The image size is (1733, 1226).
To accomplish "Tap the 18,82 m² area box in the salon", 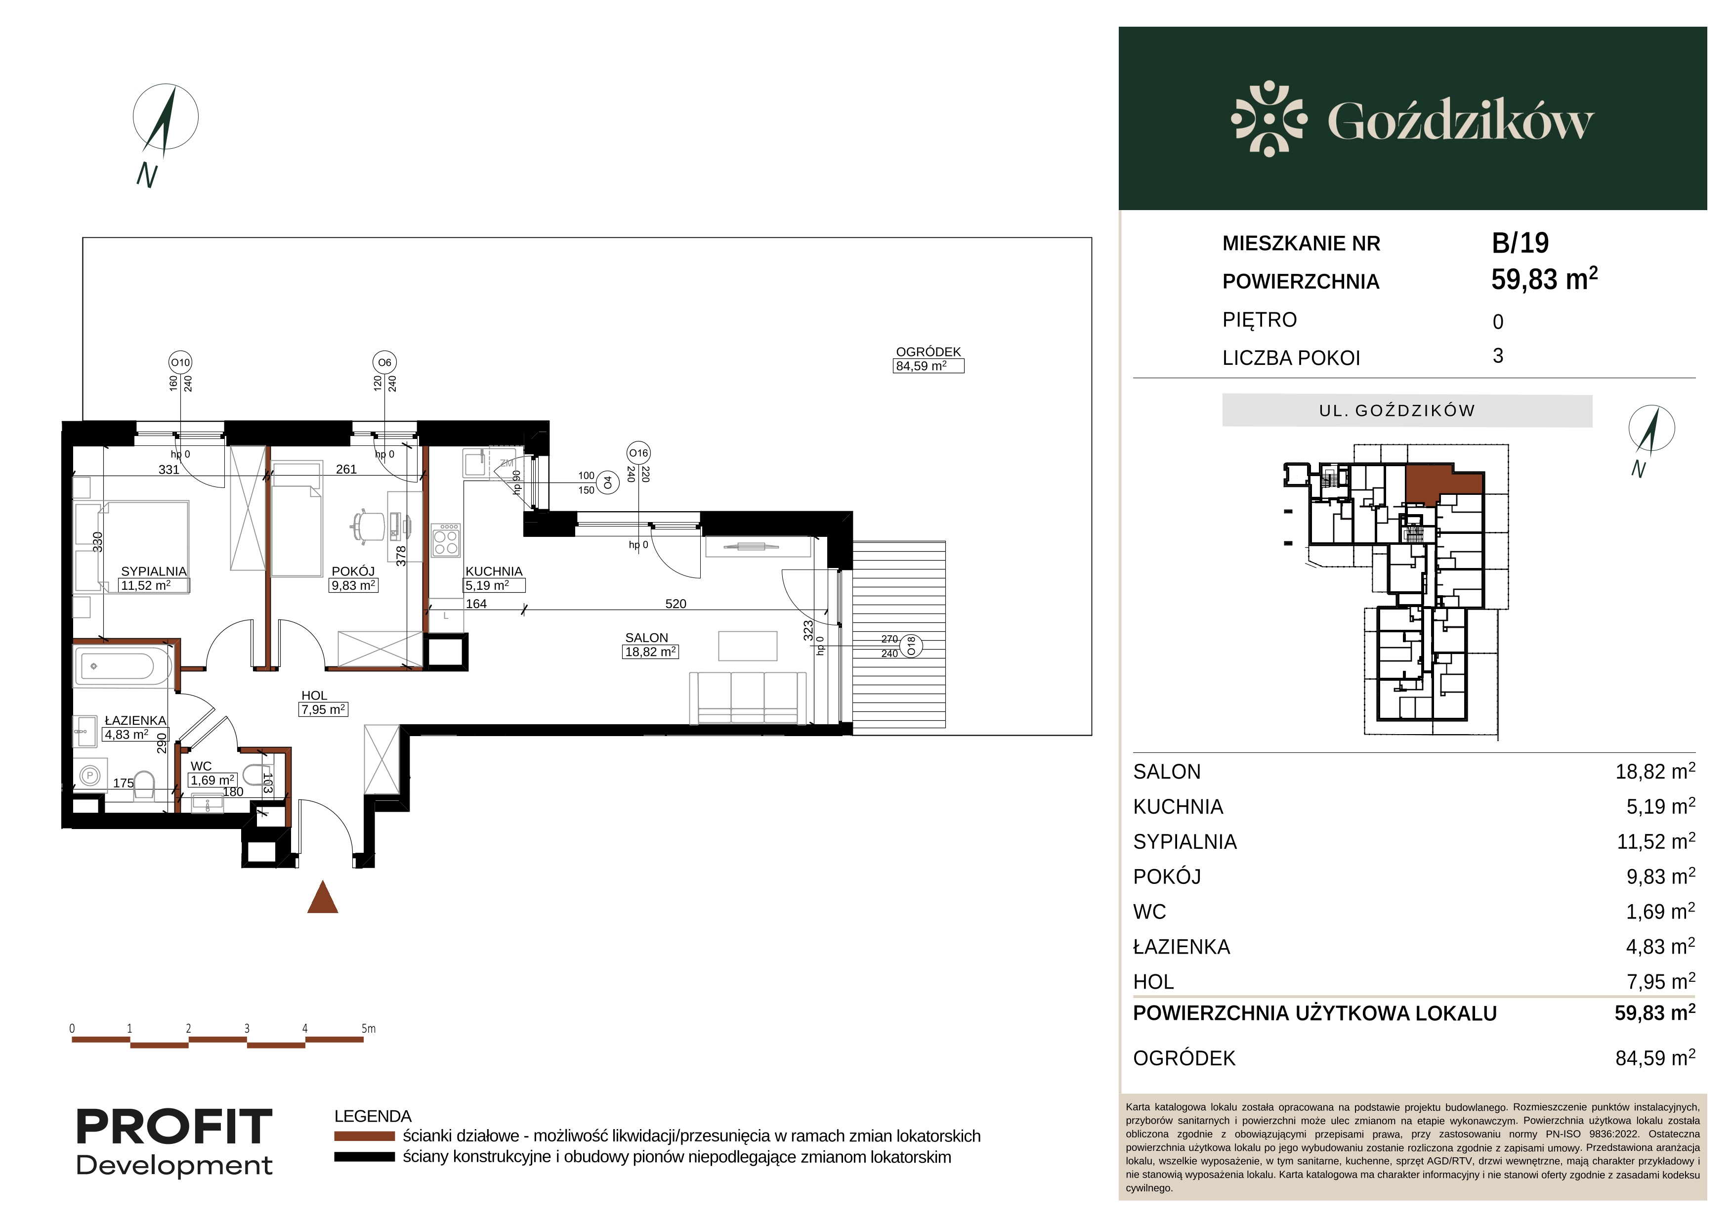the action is pyautogui.click(x=651, y=652).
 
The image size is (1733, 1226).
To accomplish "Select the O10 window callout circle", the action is pyautogui.click(x=180, y=362).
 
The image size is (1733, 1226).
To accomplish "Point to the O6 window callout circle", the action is pyautogui.click(x=385, y=362).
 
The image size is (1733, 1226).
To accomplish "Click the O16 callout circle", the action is pyautogui.click(x=638, y=453).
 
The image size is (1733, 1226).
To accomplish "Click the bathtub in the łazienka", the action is pyautogui.click(x=123, y=666).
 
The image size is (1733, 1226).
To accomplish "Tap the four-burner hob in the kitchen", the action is pyautogui.click(x=445, y=540).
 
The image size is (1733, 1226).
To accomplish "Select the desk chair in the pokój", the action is pyautogui.click(x=368, y=525).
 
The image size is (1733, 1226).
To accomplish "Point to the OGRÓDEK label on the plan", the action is pyautogui.click(x=929, y=352).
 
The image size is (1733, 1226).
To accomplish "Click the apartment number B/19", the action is pyautogui.click(x=1520, y=243).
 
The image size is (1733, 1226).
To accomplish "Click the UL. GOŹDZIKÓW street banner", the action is pyautogui.click(x=1407, y=411).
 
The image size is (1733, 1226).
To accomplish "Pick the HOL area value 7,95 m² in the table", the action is pyautogui.click(x=1660, y=981).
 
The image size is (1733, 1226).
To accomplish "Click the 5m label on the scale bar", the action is pyautogui.click(x=368, y=1028).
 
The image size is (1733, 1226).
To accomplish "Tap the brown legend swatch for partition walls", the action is pyautogui.click(x=365, y=1136).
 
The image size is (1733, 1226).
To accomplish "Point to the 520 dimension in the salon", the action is pyautogui.click(x=676, y=604).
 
